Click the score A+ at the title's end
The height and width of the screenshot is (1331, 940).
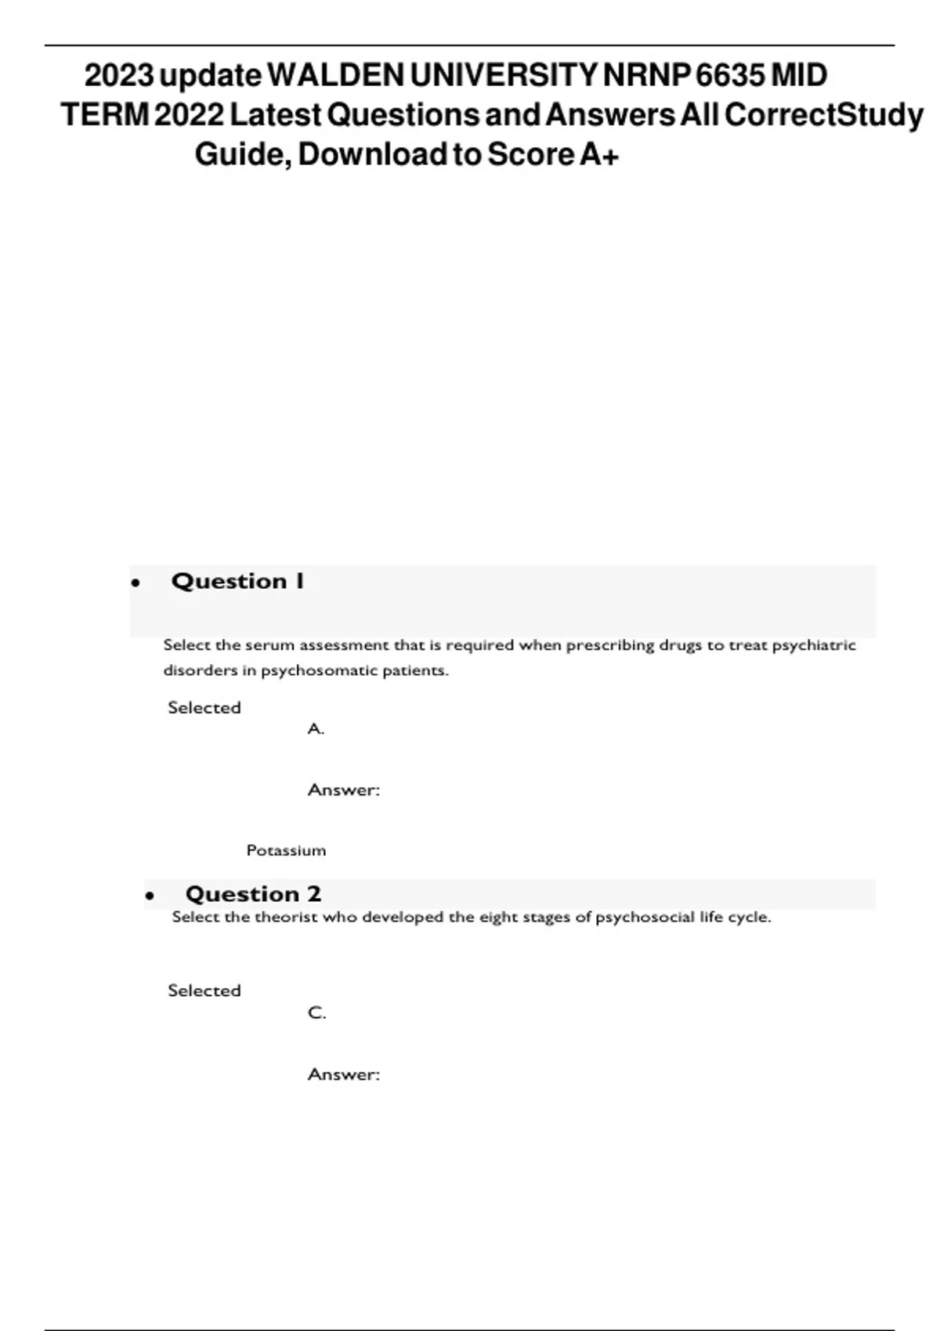(x=599, y=154)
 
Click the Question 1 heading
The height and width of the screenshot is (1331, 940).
(x=237, y=581)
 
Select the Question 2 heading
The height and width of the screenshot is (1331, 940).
(x=253, y=893)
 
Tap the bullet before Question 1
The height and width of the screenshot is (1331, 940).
(x=136, y=583)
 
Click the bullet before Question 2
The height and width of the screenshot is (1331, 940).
(x=150, y=896)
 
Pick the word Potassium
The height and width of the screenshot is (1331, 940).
(x=286, y=850)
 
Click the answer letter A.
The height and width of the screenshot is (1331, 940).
(x=316, y=729)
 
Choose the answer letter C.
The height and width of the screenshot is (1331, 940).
(x=316, y=1013)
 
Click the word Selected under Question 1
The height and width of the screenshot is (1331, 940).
(x=204, y=708)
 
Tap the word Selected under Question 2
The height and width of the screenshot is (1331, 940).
(x=204, y=990)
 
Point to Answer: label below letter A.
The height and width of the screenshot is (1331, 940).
(x=343, y=790)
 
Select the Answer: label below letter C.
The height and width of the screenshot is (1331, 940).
(x=343, y=1074)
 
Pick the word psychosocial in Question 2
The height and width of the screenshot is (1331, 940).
(x=645, y=917)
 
